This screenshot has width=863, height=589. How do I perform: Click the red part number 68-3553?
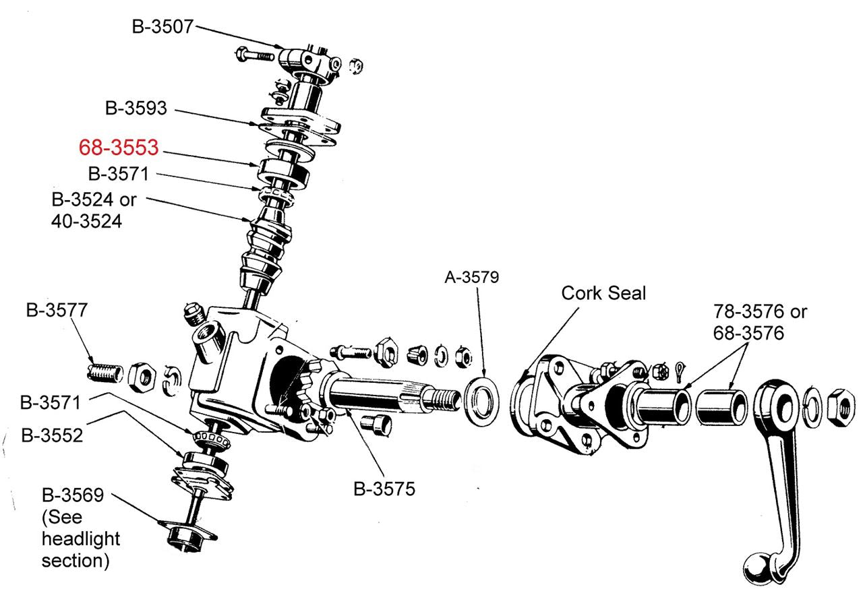point(118,148)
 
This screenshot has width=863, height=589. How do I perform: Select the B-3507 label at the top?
point(162,26)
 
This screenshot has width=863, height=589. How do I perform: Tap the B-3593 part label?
point(136,108)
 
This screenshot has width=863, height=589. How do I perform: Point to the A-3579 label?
point(472,277)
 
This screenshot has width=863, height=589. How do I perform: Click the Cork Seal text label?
point(603,293)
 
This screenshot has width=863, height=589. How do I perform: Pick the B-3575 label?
point(384,489)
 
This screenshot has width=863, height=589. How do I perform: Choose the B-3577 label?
point(57,311)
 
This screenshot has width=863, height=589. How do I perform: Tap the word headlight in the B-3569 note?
point(80,538)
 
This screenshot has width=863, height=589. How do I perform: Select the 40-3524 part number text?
point(86,220)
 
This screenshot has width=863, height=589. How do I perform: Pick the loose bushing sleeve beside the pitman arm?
point(722,405)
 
